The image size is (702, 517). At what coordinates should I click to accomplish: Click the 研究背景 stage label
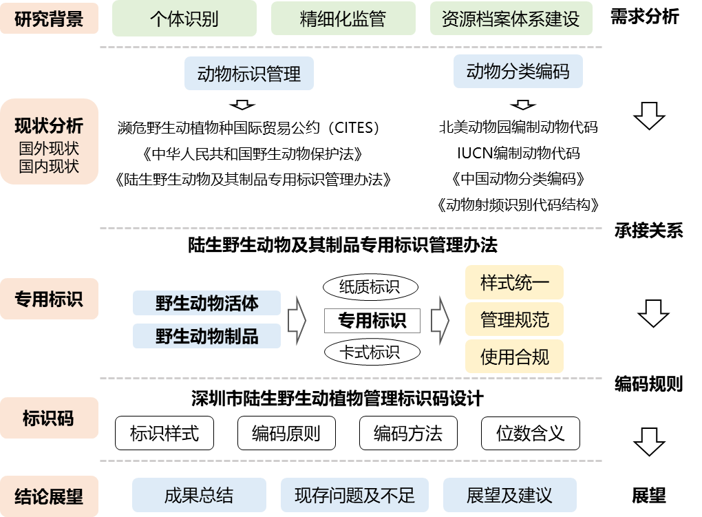point(48,19)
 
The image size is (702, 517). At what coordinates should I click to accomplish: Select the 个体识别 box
point(184,19)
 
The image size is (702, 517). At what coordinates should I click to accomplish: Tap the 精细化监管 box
point(342,19)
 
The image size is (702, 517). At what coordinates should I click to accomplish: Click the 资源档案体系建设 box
point(511,19)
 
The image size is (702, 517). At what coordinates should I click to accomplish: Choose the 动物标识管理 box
point(248,74)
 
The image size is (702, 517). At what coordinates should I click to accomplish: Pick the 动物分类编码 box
point(518,71)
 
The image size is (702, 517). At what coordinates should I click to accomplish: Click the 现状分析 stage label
point(49,142)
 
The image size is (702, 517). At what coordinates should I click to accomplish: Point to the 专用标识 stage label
point(49,299)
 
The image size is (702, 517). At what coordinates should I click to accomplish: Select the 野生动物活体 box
point(206,303)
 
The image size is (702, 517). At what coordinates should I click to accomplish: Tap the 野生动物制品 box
point(206,336)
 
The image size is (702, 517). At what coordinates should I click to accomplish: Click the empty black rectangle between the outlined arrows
point(372,321)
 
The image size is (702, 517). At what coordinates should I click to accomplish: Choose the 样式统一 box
point(514,282)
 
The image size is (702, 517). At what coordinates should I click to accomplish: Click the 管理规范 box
point(514,319)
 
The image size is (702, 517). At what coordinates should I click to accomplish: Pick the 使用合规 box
point(514,357)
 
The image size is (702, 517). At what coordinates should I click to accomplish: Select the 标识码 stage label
point(49,418)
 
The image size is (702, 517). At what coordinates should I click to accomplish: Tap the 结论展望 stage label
point(49,496)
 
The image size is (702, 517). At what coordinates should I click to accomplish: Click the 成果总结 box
point(199,496)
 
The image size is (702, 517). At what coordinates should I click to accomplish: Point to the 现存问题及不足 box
point(354,496)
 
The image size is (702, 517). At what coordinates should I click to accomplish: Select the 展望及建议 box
point(509,496)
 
